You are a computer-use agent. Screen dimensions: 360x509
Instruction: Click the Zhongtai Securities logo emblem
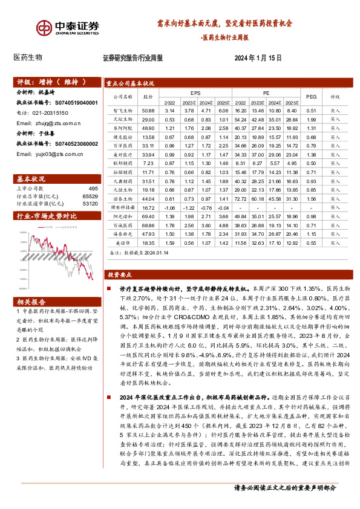(44, 28)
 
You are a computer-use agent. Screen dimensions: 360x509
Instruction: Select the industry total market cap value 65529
(90, 197)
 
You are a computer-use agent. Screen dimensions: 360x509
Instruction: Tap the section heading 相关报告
(29, 301)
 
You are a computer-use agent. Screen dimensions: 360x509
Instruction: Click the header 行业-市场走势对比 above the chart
(48, 215)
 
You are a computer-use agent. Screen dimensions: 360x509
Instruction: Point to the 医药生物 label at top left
(28, 57)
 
